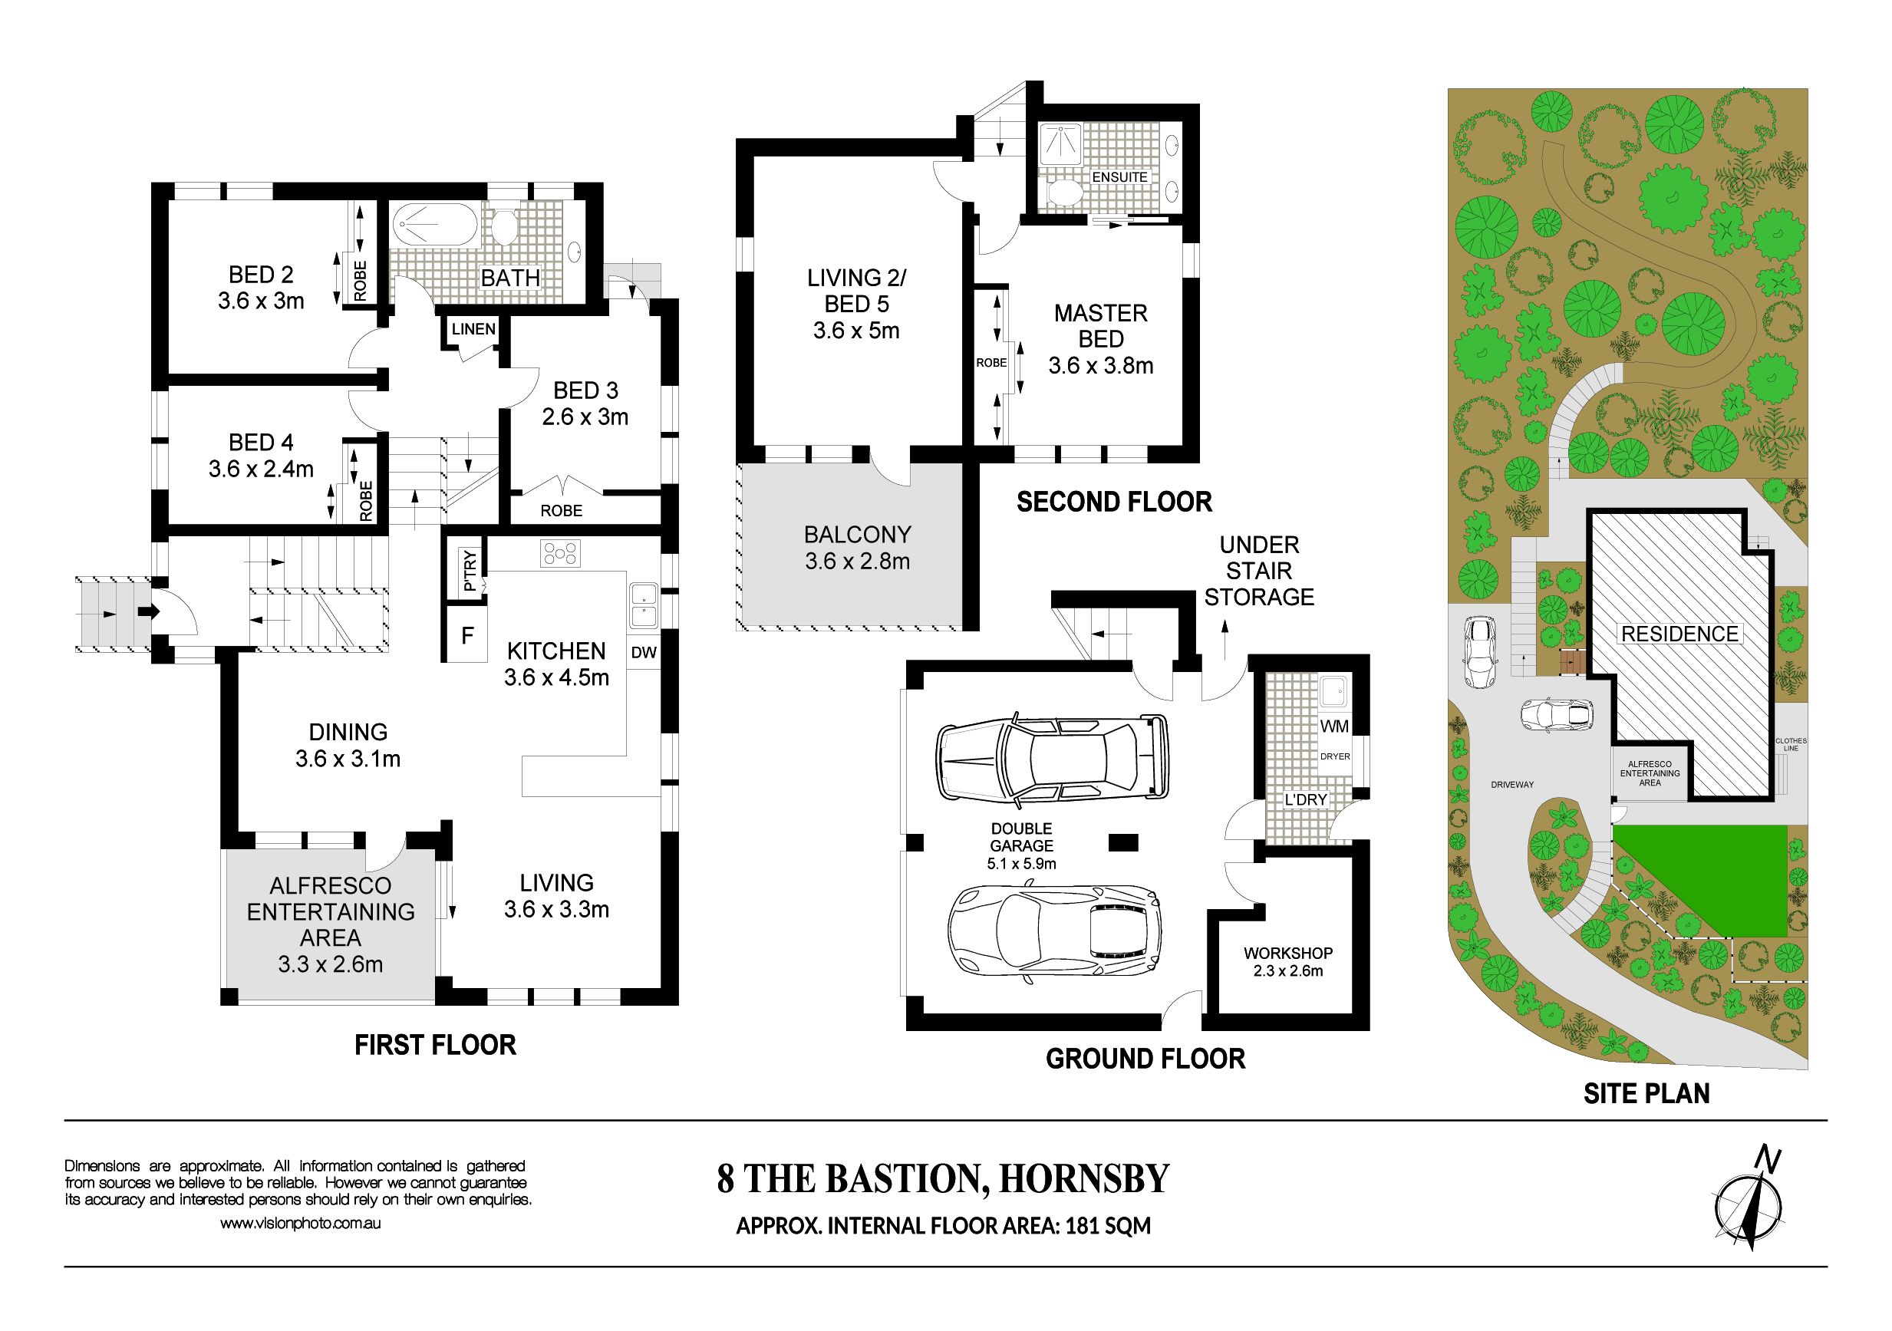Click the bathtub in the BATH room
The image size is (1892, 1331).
[434, 224]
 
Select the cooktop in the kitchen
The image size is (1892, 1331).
[560, 553]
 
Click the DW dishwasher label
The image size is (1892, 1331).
[644, 653]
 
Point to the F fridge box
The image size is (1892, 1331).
[467, 634]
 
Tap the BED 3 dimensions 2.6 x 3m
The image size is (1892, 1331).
[585, 417]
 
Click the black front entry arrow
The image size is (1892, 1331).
[148, 611]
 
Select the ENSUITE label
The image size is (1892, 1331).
[1120, 177]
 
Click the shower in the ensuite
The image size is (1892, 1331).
[1060, 145]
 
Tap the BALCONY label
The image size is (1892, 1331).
[857, 535]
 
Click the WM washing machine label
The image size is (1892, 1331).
[1334, 726]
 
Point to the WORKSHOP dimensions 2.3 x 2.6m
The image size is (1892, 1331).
[1288, 971]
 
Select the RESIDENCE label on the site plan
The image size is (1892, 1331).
[1680, 634]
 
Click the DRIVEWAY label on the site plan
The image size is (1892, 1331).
[1512, 785]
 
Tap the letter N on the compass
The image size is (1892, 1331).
[1766, 1158]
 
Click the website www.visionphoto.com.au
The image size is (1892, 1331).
[300, 1224]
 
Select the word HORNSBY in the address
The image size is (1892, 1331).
[1084, 1179]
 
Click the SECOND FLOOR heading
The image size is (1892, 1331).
[1114, 502]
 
